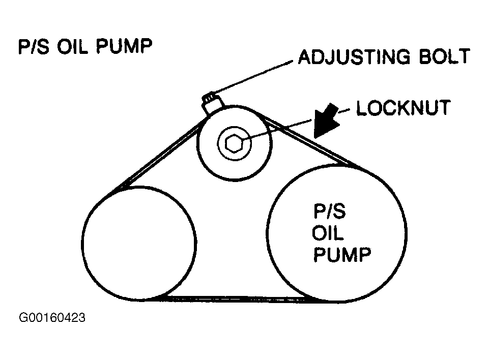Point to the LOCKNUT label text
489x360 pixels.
pos(403,108)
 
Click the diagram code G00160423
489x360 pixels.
pos(52,319)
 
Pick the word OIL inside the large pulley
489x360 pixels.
pos(328,234)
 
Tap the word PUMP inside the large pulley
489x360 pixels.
pos(341,254)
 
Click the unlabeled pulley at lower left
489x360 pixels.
pos(139,243)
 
